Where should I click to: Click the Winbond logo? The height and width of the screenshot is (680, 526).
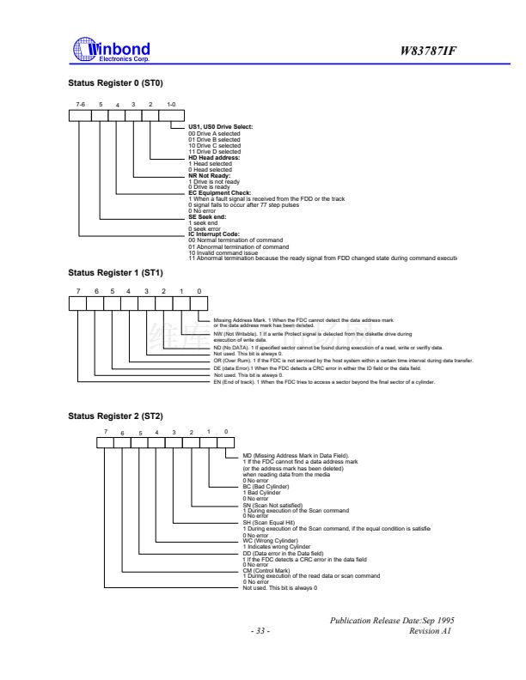pyautogui.click(x=112, y=51)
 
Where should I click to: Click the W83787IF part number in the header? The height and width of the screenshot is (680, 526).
pyautogui.click(x=428, y=51)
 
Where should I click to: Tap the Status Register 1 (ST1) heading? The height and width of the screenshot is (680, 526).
pyautogui.click(x=115, y=273)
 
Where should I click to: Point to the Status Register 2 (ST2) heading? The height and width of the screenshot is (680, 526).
pyautogui.click(x=115, y=416)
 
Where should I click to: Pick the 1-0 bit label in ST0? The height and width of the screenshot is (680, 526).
pyautogui.click(x=172, y=105)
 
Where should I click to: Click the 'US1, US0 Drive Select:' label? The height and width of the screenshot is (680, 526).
pyautogui.click(x=220, y=128)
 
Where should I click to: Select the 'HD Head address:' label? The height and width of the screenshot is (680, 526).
pyautogui.click(x=214, y=158)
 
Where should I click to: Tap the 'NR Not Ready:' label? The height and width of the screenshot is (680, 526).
pyautogui.click(x=210, y=175)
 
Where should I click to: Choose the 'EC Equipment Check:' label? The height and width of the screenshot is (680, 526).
pyautogui.click(x=220, y=193)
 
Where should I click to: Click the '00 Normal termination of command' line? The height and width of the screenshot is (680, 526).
pyautogui.click(x=239, y=240)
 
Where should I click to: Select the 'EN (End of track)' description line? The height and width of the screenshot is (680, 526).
pyautogui.click(x=319, y=381)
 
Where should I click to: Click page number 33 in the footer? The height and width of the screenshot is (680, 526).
pyautogui.click(x=260, y=632)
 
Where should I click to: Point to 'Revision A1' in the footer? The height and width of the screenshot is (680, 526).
pyautogui.click(x=431, y=632)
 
